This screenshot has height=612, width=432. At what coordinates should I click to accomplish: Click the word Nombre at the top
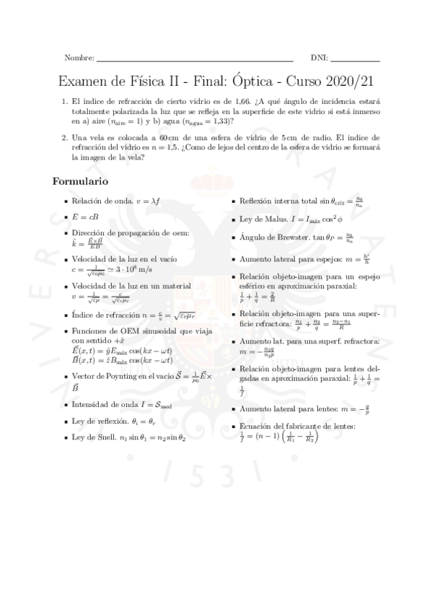(79, 58)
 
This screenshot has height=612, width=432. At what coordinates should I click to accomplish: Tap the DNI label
(319, 58)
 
